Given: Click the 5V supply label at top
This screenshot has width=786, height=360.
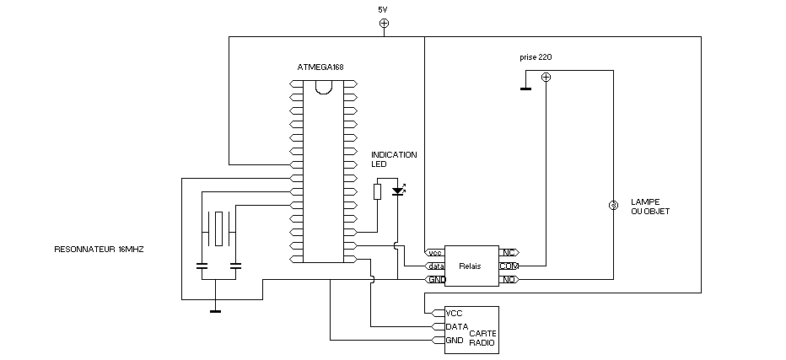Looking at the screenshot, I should pos(384,9).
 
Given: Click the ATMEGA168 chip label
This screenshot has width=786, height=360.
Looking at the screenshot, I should pos(320,67).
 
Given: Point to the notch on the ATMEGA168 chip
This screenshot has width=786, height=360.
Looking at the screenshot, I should pos(324,85).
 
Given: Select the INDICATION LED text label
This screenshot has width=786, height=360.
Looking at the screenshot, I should pos(394,159).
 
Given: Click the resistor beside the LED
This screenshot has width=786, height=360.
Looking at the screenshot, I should pos(378,191).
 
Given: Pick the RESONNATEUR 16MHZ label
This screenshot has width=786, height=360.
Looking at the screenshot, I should pos(99,250).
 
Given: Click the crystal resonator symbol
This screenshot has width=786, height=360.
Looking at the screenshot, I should pos(218,228).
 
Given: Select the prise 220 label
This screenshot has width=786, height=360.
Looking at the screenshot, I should pos(536,58).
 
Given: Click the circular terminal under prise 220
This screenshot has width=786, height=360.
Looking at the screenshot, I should pos(546,78).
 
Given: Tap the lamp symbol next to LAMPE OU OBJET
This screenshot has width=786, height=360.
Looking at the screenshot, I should pos(613,207).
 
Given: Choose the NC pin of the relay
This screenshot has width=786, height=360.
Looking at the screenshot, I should pos(509,252).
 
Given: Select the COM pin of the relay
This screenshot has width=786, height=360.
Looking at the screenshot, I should pos(509,266).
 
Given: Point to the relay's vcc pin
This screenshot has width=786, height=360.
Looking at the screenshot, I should pos(435,252).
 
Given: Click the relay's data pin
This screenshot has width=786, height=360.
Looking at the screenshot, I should pos(435,266).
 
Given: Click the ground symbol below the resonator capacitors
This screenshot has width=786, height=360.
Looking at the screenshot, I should pos(215,310).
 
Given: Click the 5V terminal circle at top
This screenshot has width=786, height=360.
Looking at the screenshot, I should pos(384,24).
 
